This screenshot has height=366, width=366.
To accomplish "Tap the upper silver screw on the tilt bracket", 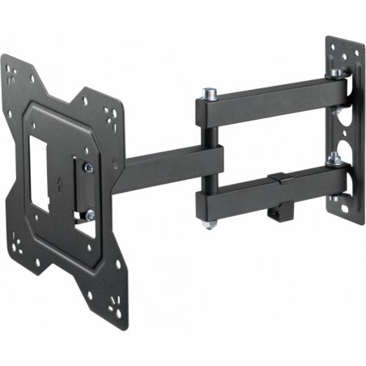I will pos(88,168).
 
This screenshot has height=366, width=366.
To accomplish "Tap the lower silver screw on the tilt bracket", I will pos(90,215).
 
